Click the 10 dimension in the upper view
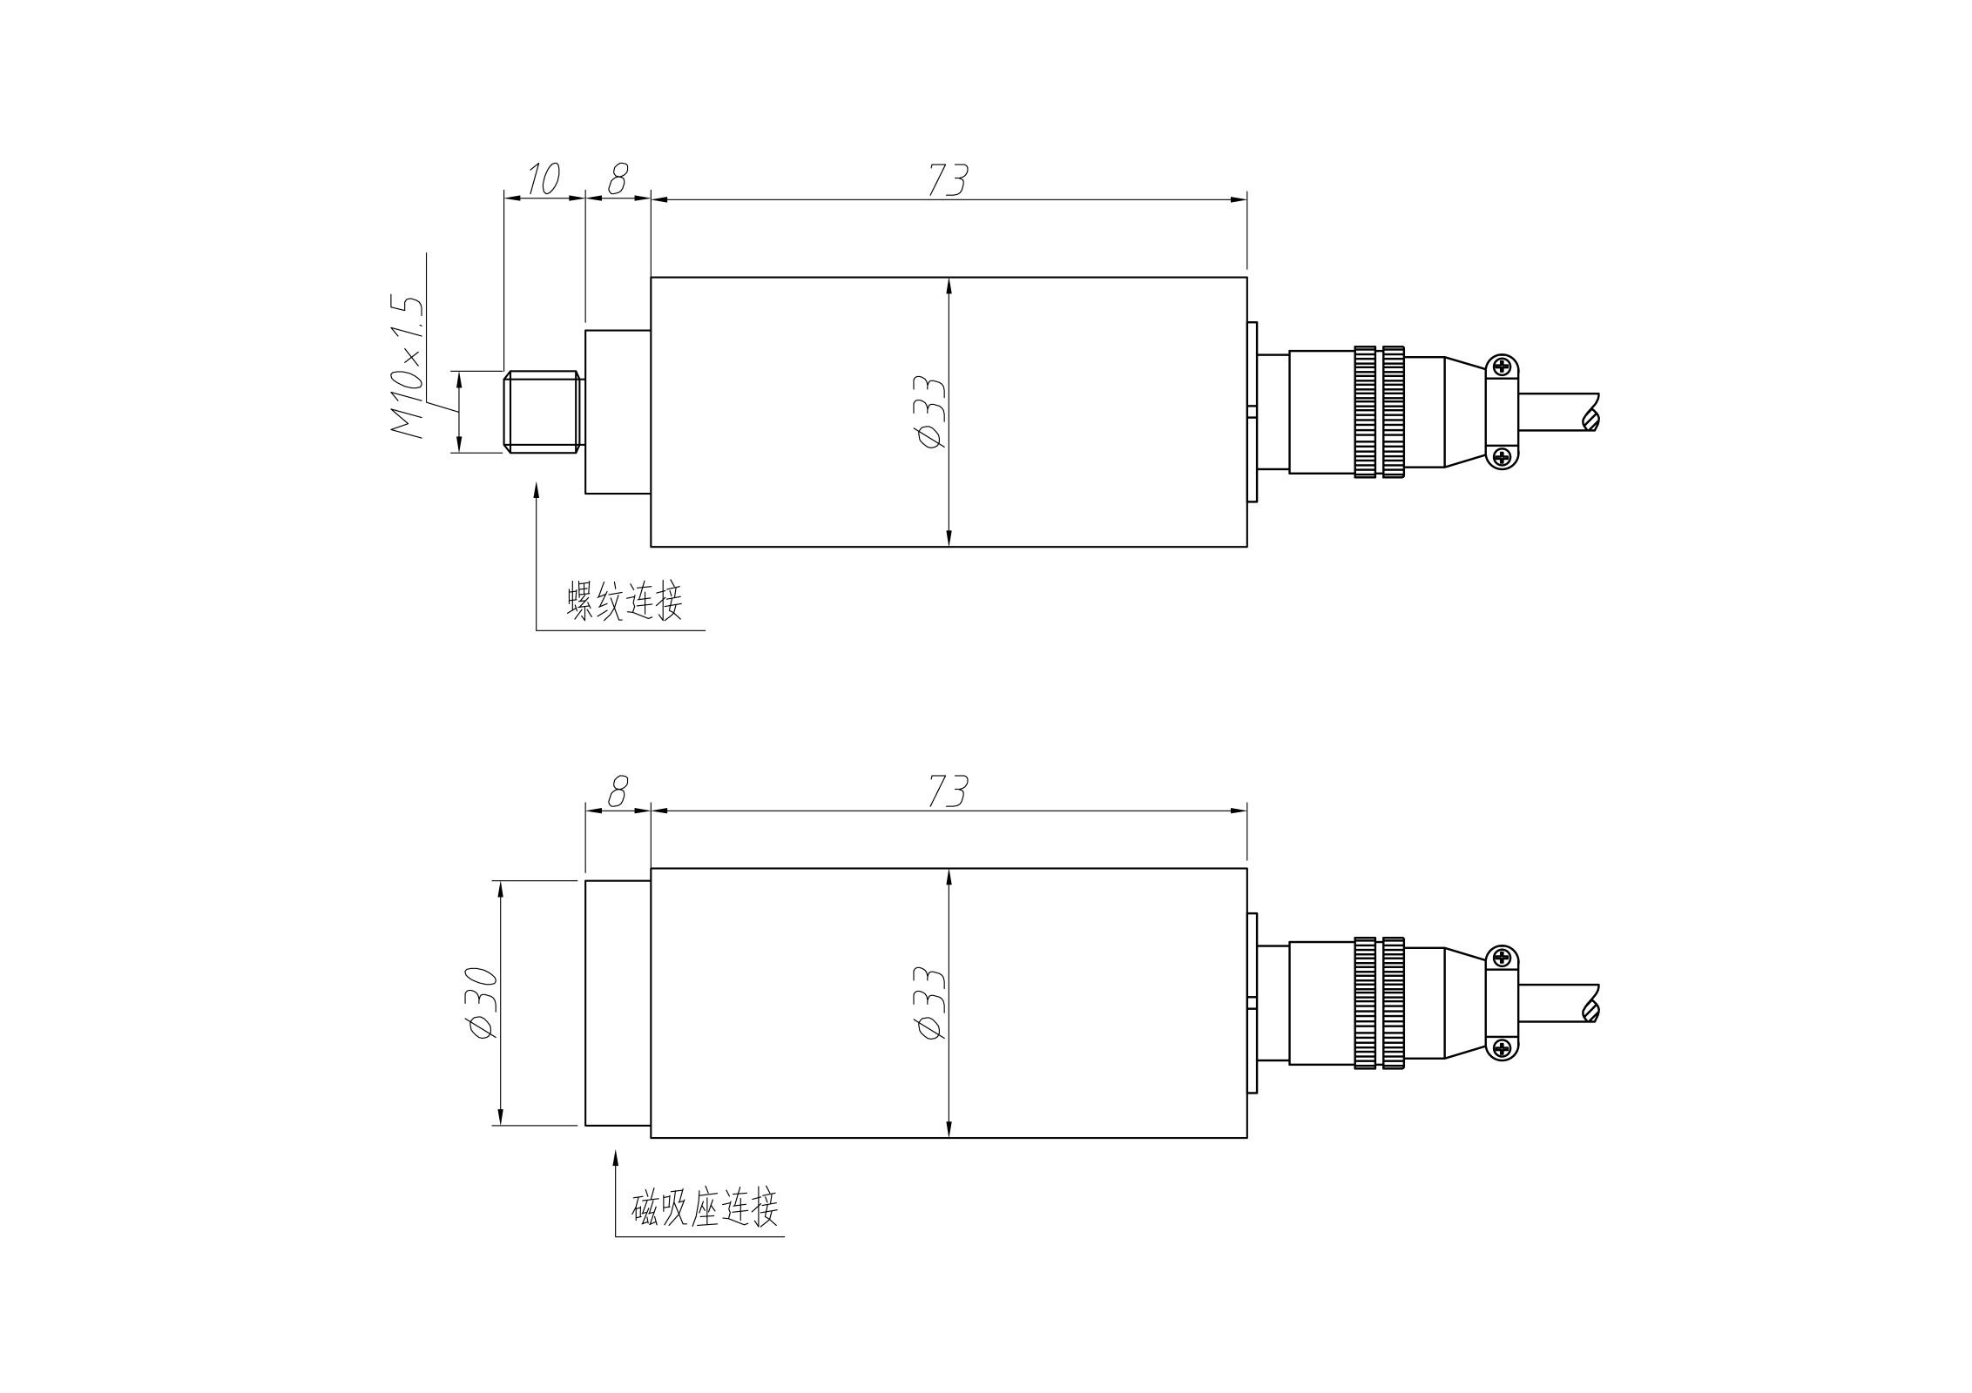pos(542,179)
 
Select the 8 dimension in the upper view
pos(617,179)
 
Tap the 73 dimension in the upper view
pos(947,179)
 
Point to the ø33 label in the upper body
pos(929,412)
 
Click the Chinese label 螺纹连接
pos(625,602)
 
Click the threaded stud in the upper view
pos(542,412)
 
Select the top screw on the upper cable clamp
pos(1502,367)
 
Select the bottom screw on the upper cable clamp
pos(1502,456)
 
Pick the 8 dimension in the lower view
pos(617,791)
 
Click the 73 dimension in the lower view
pos(947,791)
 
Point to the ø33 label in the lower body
pos(929,1002)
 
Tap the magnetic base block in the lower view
pos(618,1002)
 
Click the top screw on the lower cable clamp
pos(1502,959)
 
